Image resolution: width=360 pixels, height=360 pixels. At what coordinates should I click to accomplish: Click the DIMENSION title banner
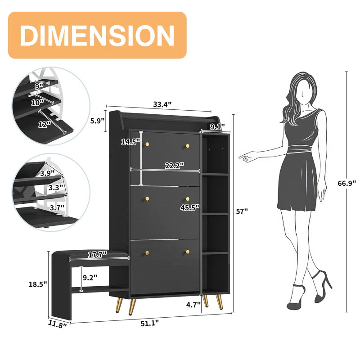(x=97, y=35)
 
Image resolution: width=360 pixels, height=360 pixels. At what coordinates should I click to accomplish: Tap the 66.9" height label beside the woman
(x=347, y=183)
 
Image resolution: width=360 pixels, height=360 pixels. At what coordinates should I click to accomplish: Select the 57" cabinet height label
(x=242, y=211)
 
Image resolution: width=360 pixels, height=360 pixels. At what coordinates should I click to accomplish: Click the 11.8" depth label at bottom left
(x=58, y=324)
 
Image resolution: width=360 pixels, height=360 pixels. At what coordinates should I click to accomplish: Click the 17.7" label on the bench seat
(x=97, y=254)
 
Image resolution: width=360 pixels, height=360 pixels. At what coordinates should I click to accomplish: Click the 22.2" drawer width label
(x=175, y=166)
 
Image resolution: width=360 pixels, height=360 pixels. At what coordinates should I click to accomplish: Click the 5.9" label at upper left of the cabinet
(x=97, y=121)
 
